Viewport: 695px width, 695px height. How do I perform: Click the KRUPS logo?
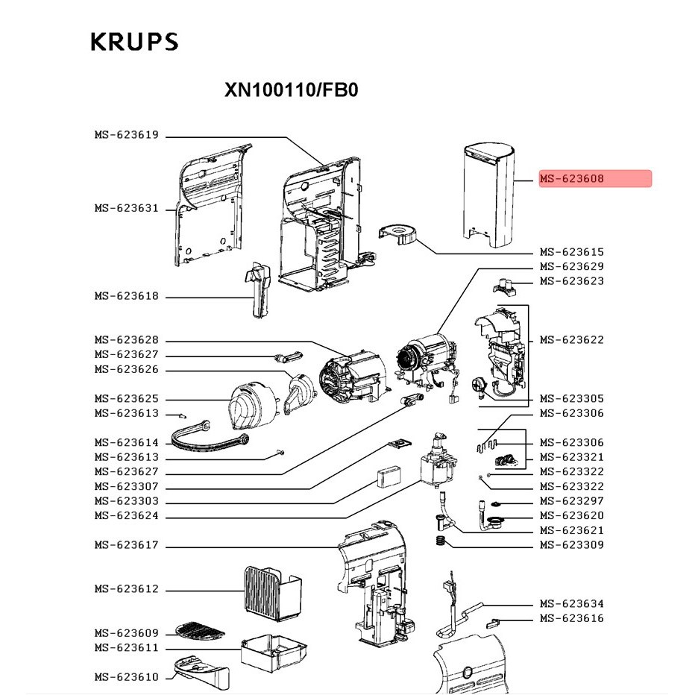coord(134,41)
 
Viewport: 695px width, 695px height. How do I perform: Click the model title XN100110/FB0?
coord(292,90)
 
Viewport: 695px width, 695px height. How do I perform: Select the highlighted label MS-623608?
coord(595,179)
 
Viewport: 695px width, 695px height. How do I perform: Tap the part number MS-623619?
coord(126,135)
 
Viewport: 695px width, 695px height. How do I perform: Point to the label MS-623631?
coord(126,208)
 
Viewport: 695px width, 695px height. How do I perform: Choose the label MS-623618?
coord(126,296)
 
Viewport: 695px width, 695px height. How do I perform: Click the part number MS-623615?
coord(572,252)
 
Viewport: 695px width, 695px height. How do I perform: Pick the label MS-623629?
coord(572,266)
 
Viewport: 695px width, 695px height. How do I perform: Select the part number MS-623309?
coord(572,545)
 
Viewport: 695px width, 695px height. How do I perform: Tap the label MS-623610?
coord(126,677)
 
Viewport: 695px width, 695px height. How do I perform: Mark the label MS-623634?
coord(572,603)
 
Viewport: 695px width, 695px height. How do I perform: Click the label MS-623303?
coord(126,501)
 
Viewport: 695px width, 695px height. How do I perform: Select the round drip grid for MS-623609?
coord(199,631)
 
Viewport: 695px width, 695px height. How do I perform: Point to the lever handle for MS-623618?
coord(258,291)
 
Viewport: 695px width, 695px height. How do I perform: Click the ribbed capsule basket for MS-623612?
coord(271,589)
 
